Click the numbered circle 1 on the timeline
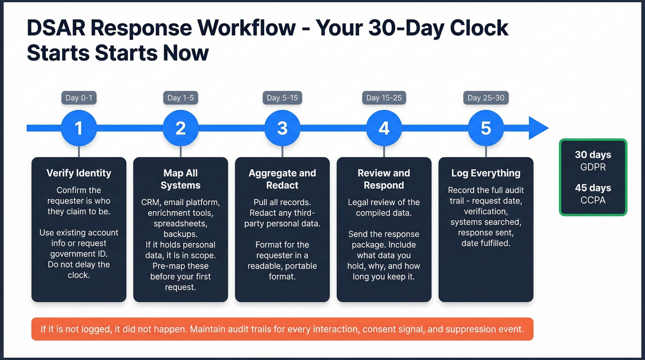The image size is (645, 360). coord(79,128)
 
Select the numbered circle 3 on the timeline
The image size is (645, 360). coord(282,128)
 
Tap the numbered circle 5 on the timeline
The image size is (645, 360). coord(486,128)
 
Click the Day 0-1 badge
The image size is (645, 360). coord(79,98)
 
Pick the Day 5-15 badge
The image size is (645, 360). coord(282,98)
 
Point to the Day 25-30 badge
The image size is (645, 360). coord(486,98)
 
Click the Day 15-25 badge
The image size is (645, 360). coord(384,98)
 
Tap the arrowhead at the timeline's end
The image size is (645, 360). coord(538,128)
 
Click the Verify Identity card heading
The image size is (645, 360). coord(79,173)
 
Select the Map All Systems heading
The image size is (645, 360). coord(181,179)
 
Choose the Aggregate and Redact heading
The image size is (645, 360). coord(282,179)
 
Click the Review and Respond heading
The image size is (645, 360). coord(384,179)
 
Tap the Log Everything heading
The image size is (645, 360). coord(486,173)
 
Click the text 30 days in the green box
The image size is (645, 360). coord(593,155)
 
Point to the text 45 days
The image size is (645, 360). coord(593,188)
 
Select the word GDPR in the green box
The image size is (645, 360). coord(593,167)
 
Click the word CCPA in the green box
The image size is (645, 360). coord(593,200)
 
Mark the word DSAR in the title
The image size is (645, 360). coord(57,28)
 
